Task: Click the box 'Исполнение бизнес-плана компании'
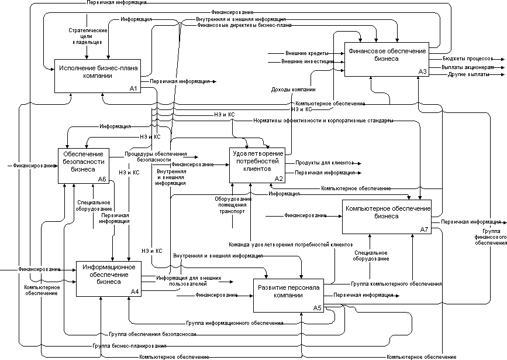click(97, 76)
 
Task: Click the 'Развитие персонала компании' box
click(288, 295)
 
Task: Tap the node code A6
click(102, 180)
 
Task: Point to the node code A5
click(317, 308)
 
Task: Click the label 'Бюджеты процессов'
click(461, 59)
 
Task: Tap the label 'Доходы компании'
click(294, 90)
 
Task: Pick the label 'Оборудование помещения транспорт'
click(232, 205)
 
